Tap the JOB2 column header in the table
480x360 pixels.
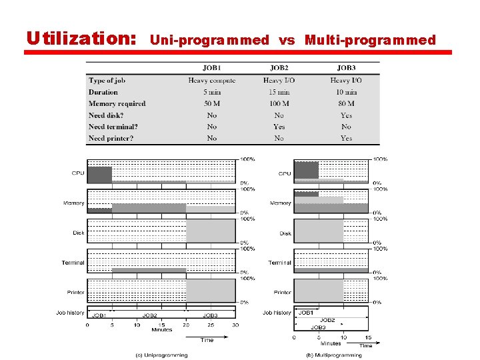pos(279,68)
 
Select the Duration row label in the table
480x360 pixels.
pos(103,92)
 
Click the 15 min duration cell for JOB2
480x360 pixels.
pos(279,92)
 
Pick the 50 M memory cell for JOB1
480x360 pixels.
pos(212,103)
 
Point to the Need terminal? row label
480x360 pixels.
pos(113,127)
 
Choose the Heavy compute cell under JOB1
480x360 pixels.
pos(212,81)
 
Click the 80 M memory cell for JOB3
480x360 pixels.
pos(346,103)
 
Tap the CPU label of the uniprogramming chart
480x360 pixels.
pos(78,173)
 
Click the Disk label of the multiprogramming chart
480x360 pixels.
pos(285,233)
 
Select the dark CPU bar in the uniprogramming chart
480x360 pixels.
pos(99,175)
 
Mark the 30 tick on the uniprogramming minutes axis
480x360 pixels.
pos(235,325)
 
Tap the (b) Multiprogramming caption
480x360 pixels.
pos(333,355)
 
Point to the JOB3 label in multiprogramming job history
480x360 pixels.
pos(317,327)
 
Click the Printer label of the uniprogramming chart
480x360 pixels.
pos(75,293)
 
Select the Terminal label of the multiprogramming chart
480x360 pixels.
pos(280,263)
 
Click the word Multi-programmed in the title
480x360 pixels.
pos(370,40)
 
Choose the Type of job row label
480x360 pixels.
pos(107,81)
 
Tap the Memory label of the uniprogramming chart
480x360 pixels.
pos(73,203)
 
